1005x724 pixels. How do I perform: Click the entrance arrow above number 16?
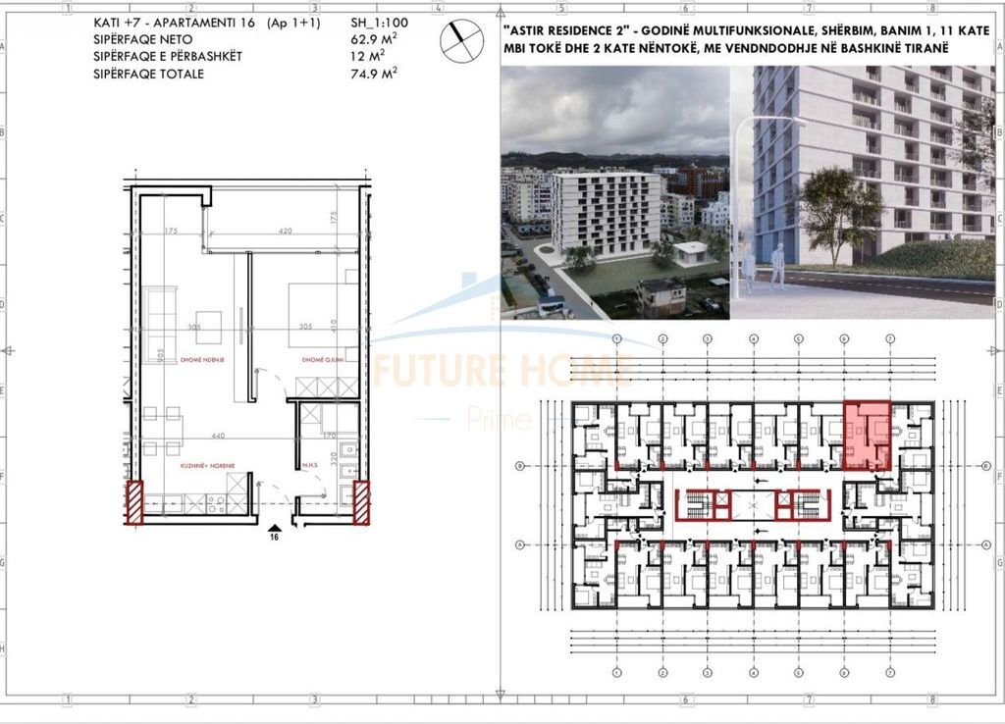click(275, 525)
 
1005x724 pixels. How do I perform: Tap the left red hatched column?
click(134, 502)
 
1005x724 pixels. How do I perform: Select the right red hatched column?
click(361, 502)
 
